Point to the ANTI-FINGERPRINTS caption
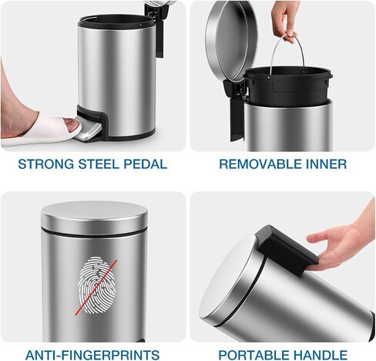click(92, 355)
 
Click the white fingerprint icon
click(97, 285)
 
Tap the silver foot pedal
click(89, 130)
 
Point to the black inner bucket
click(287, 84)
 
